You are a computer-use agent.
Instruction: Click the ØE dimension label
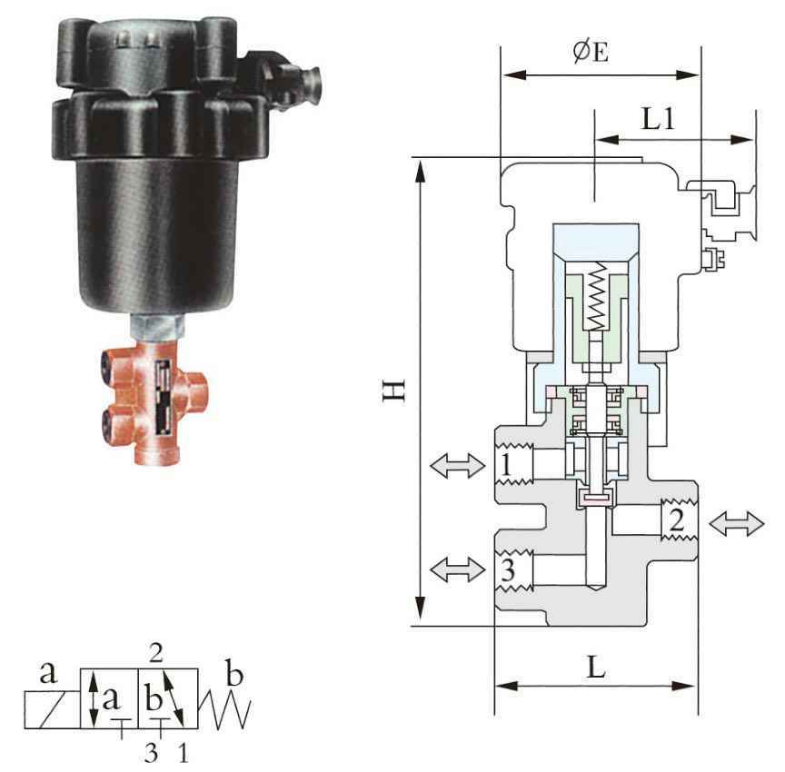coord(591,52)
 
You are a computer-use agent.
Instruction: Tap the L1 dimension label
coord(659,119)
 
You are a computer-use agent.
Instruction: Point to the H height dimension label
coord(393,391)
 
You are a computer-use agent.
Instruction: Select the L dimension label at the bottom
coord(596,667)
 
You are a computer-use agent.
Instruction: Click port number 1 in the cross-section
coord(506,465)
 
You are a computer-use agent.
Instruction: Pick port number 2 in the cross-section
coord(676,520)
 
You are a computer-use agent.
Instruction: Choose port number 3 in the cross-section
coord(508,569)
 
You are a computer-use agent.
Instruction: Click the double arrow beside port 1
coord(458,466)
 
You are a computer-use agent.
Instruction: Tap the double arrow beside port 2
coord(737,524)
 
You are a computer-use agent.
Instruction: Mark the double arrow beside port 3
coord(458,569)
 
